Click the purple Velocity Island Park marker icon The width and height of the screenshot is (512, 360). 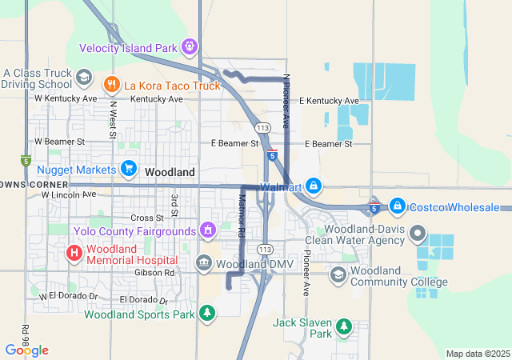pyautogui.click(x=190, y=47)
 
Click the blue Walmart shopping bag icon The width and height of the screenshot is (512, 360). pyautogui.click(x=314, y=186)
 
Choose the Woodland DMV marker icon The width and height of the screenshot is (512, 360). pyautogui.click(x=204, y=263)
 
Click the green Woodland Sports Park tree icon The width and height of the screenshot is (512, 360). pyautogui.click(x=207, y=312)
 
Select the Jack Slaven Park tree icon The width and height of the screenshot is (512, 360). pyautogui.click(x=343, y=326)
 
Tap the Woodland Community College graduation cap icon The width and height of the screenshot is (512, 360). pyautogui.click(x=338, y=275)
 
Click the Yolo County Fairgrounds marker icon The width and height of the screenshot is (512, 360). pyautogui.click(x=208, y=230)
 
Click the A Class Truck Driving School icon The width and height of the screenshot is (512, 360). pyautogui.click(x=83, y=78)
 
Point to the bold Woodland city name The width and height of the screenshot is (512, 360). pyautogui.click(x=170, y=172)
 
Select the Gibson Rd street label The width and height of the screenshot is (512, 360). pyautogui.click(x=158, y=273)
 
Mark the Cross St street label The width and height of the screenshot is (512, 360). pyautogui.click(x=146, y=218)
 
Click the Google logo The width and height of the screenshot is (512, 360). pyautogui.click(x=26, y=350)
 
